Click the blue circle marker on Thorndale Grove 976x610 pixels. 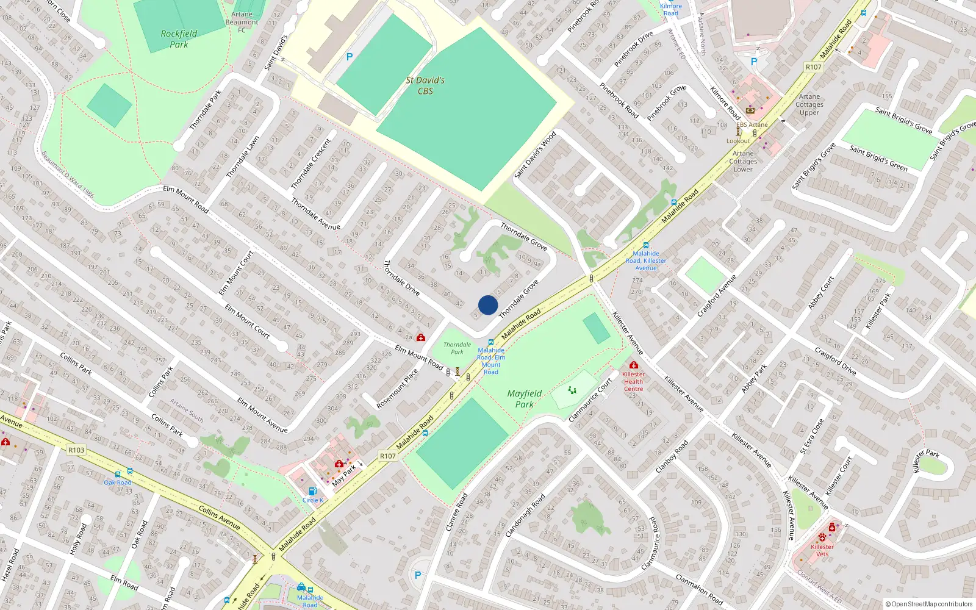click(487, 305)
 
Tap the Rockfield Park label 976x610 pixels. click(179, 39)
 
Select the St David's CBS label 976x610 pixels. click(425, 85)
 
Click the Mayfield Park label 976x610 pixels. click(525, 399)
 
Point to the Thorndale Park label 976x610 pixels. click(457, 348)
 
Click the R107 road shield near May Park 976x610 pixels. click(388, 456)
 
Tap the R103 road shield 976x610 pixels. click(76, 450)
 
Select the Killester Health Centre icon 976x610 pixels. click(633, 365)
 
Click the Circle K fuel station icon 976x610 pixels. click(312, 491)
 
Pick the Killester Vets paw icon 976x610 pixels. click(822, 538)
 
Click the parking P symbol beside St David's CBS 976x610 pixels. click(349, 57)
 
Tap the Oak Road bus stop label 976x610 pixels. click(117, 483)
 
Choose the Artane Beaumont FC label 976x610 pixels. click(242, 22)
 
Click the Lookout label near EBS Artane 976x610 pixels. click(738, 141)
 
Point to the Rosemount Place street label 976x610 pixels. click(397, 389)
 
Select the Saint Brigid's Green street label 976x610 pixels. click(878, 158)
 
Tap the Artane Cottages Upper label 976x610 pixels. click(809, 104)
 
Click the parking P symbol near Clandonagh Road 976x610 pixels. click(418, 575)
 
